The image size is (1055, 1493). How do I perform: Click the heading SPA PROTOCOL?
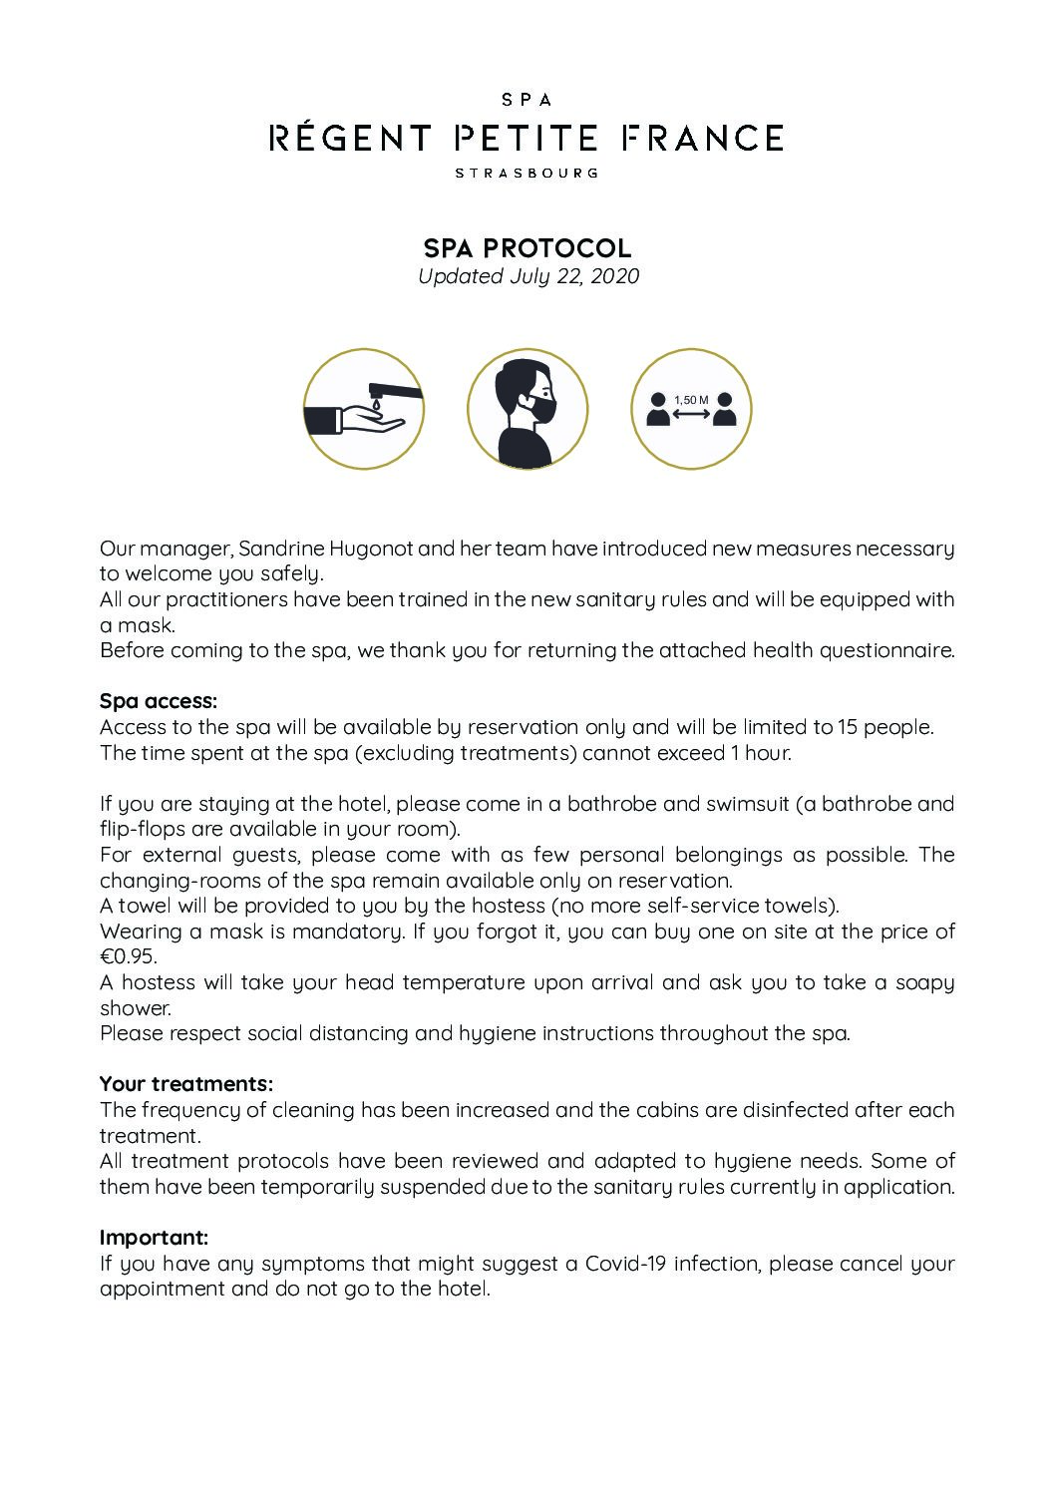[x=527, y=248]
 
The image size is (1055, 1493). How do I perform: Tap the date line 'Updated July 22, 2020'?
[x=527, y=276]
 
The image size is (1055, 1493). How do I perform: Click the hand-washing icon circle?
[x=363, y=409]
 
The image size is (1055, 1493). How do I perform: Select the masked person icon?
[x=527, y=409]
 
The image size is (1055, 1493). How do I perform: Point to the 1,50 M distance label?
[x=691, y=400]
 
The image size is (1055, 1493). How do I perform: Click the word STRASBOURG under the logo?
[x=527, y=173]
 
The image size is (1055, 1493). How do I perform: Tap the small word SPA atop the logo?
[x=527, y=100]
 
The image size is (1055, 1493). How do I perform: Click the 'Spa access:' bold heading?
[x=159, y=701]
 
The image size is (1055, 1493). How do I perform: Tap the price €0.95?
[x=128, y=956]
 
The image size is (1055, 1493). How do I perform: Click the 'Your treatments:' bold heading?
[x=186, y=1084]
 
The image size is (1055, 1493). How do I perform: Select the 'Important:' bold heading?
[x=155, y=1238]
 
